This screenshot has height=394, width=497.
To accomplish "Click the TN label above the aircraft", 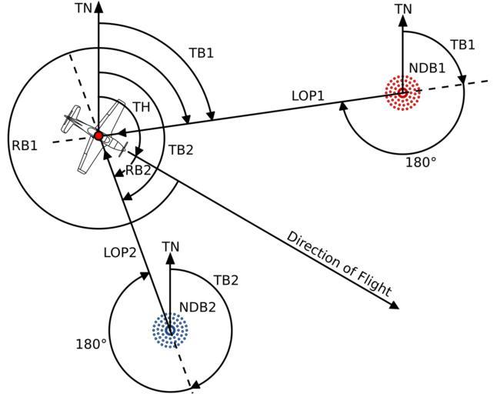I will coord(83,8).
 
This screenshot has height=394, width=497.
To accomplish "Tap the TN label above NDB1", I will coord(403,9).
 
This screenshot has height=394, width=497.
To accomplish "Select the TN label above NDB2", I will coord(171,246).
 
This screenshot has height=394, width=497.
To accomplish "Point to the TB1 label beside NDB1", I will coord(462,45).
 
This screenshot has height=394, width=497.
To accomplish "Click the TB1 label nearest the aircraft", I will coord(201,53).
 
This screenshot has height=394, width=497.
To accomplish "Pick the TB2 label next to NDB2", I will coord(225,280).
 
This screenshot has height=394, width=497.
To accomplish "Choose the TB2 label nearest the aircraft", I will coord(180,149).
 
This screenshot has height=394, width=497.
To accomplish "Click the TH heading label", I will coord(141,107).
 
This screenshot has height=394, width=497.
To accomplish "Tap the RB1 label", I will coord(24,144).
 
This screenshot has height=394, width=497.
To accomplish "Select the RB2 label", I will coord(138,170).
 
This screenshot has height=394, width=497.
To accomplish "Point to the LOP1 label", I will coord(308,96).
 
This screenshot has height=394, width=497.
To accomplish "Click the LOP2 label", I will coord(119,252).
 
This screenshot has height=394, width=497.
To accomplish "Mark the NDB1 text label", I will coord(427,68).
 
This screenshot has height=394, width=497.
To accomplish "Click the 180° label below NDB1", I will coord(420,162).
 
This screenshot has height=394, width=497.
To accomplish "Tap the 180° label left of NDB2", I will coord(91,344).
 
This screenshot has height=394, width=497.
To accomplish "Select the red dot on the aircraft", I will coord(98,135).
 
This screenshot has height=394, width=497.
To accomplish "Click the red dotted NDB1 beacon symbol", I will coord(402,93).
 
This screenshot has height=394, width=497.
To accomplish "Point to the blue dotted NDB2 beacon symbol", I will coord(170,330).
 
